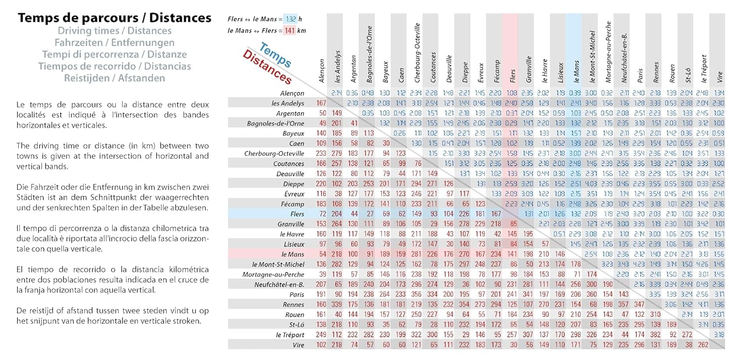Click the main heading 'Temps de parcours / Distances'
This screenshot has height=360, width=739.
tap(114, 18)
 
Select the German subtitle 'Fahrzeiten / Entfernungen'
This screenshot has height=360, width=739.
tap(114, 43)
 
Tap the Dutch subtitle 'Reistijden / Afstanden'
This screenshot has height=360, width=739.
tap(114, 78)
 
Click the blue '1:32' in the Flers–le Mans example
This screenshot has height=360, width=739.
tap(290, 19)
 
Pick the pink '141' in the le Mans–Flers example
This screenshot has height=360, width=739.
tap(290, 31)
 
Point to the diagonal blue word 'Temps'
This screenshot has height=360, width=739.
tap(274, 56)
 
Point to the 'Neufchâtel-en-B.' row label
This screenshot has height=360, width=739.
tap(279, 284)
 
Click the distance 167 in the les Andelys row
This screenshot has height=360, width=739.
tap(322, 103)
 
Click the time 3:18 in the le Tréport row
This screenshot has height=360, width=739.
tap(719, 335)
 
